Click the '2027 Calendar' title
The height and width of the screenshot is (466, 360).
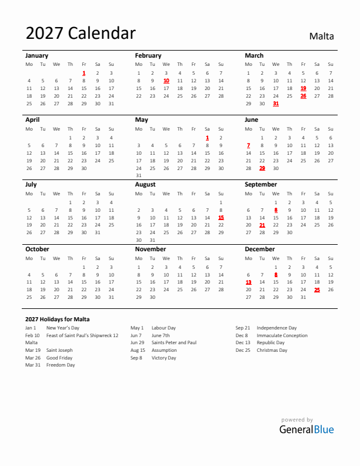81,34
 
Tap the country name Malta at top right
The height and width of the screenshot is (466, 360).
321,36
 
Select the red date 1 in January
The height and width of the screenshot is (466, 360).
84,73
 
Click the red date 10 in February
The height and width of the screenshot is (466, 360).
166,81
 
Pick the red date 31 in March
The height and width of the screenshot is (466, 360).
276,104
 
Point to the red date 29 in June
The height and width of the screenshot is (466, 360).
262,168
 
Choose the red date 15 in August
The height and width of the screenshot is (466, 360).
221,217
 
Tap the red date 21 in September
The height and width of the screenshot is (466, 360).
262,225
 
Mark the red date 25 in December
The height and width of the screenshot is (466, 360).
317,289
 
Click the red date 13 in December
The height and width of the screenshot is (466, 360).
248,282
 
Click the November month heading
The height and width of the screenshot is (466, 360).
151,249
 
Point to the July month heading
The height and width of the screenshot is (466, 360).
31,184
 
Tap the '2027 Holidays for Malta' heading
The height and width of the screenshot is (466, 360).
58,319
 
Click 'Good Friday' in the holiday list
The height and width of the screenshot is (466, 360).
59,358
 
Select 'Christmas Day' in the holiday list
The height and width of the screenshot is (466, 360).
272,350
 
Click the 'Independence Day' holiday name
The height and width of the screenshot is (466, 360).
276,328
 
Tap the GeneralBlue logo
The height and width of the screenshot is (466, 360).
306,429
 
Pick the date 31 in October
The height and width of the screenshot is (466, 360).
111,297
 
